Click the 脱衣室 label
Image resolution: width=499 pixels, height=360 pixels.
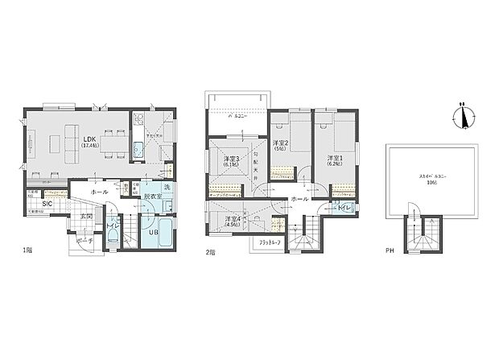[x=153, y=196]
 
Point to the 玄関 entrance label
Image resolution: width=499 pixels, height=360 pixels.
[x=86, y=217]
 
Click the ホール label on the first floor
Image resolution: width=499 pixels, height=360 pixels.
[x=99, y=192]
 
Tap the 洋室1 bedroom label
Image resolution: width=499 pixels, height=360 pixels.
[x=335, y=159]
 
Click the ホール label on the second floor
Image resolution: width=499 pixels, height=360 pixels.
[x=299, y=198]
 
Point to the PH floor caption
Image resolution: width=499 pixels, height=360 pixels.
[x=390, y=250]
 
